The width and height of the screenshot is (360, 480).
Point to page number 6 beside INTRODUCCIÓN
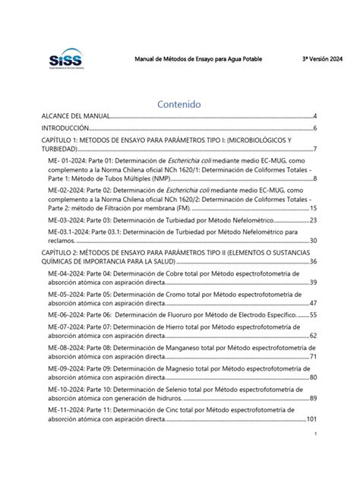click(x=314, y=128)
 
